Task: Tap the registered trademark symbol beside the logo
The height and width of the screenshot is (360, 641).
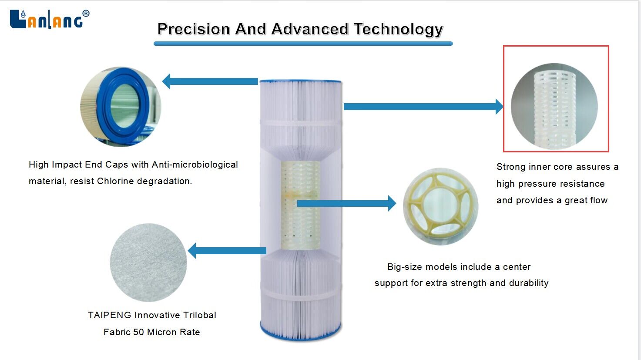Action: [x=86, y=13]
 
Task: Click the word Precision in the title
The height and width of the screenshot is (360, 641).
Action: [x=194, y=29]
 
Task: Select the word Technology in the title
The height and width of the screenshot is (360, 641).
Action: [x=398, y=30]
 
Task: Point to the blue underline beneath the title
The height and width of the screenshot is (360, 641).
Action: [x=303, y=44]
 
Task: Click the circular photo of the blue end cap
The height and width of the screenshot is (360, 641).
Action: [x=121, y=107]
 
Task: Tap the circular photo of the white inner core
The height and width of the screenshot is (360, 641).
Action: [x=554, y=106]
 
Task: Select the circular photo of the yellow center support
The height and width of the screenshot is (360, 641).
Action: [x=440, y=206]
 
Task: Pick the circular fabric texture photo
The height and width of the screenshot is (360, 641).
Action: [x=148, y=262]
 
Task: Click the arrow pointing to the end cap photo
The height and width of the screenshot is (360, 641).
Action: [x=210, y=81]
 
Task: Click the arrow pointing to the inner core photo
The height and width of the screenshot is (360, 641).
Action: [x=423, y=107]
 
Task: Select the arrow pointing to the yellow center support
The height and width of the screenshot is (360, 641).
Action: [x=346, y=203]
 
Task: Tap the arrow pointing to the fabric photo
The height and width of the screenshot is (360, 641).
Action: [x=227, y=251]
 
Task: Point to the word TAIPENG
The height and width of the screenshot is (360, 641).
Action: [x=109, y=315]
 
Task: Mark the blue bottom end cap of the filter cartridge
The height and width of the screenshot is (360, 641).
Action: [x=300, y=333]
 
